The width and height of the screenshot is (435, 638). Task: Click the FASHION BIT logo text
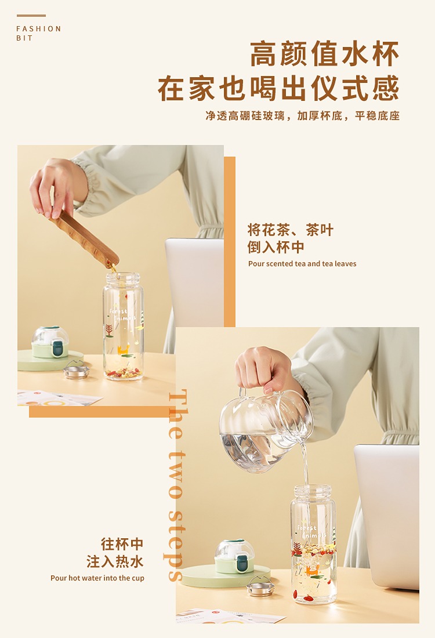pyautogui.click(x=39, y=34)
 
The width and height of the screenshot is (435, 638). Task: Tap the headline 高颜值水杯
pyautogui.click(x=324, y=54)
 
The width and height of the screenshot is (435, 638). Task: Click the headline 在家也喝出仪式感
pyautogui.click(x=279, y=88)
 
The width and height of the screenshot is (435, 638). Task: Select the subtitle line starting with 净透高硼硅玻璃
pyautogui.click(x=302, y=116)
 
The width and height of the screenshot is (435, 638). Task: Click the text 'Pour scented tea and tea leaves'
pyautogui.click(x=302, y=264)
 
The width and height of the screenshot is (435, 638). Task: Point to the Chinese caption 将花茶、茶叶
pyautogui.click(x=291, y=230)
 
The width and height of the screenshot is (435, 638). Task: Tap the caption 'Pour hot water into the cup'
pyautogui.click(x=97, y=578)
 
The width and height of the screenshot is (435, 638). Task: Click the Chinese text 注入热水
pyautogui.click(x=115, y=561)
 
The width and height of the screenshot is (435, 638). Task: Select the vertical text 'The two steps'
pyautogui.click(x=177, y=485)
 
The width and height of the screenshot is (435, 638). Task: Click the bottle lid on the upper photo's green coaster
pyautogui.click(x=50, y=342)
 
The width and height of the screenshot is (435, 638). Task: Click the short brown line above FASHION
pyautogui.click(x=31, y=16)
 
